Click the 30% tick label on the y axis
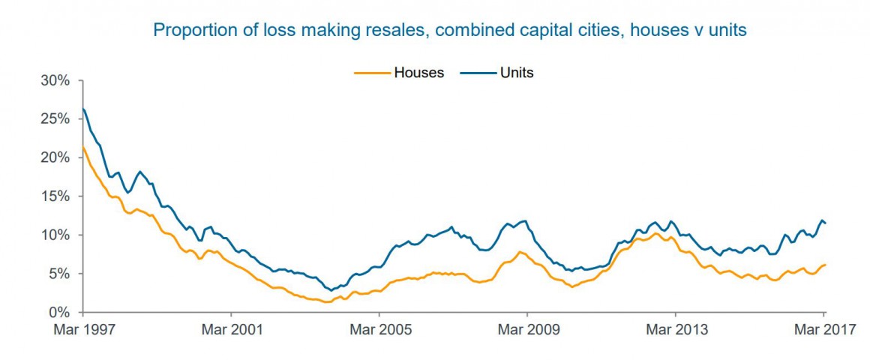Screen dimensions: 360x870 56,80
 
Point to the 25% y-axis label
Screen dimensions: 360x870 56,119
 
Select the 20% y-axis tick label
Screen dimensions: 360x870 56,157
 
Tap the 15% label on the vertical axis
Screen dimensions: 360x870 56,196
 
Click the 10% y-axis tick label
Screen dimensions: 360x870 56,235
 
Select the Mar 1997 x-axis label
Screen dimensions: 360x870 83,329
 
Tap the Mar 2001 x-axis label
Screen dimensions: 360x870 231,329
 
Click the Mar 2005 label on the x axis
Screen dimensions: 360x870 379,329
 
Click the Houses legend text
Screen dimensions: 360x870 419,73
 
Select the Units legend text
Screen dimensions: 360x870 517,73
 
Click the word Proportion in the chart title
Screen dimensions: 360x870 187,31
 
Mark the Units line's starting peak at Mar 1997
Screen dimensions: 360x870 83,109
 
